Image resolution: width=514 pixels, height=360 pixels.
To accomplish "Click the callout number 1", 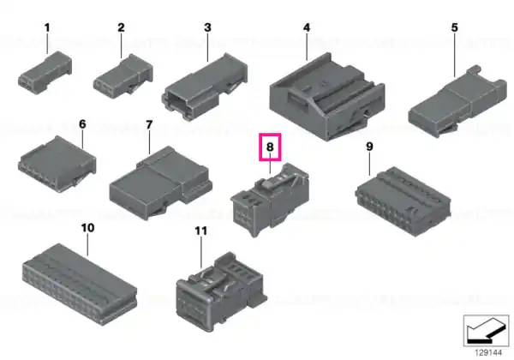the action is (x=47, y=28).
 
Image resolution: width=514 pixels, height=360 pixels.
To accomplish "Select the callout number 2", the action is (x=122, y=27).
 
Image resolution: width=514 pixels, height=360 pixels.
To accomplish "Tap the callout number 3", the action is (x=207, y=27).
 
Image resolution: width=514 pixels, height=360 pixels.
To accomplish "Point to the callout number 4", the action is (x=307, y=27).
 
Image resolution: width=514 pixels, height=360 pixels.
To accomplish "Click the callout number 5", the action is (x=454, y=27).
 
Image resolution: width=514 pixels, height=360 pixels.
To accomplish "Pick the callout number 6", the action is (x=82, y=124).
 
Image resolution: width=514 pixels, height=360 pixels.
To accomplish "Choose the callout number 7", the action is (x=149, y=125).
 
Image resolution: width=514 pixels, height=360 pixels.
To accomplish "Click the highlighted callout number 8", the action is (x=270, y=147).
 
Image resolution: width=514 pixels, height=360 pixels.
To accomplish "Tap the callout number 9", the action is (x=369, y=147).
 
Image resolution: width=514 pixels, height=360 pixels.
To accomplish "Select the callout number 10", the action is (x=87, y=228).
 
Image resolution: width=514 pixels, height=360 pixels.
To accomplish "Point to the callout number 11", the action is (x=201, y=231).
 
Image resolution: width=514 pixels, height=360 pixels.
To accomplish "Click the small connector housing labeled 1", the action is (x=45, y=73).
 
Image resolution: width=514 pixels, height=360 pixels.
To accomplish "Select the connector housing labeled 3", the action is (x=205, y=87).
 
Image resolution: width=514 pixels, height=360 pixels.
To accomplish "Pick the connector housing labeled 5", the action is (x=457, y=102).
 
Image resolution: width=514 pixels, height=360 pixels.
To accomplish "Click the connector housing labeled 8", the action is (x=270, y=200).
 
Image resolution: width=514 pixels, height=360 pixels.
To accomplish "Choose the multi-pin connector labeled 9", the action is (x=403, y=201).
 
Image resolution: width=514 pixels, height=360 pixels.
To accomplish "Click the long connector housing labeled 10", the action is (x=80, y=285).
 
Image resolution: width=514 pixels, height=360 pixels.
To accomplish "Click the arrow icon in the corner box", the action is (x=487, y=332).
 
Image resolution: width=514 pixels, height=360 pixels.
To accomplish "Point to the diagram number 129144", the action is (x=488, y=353).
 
